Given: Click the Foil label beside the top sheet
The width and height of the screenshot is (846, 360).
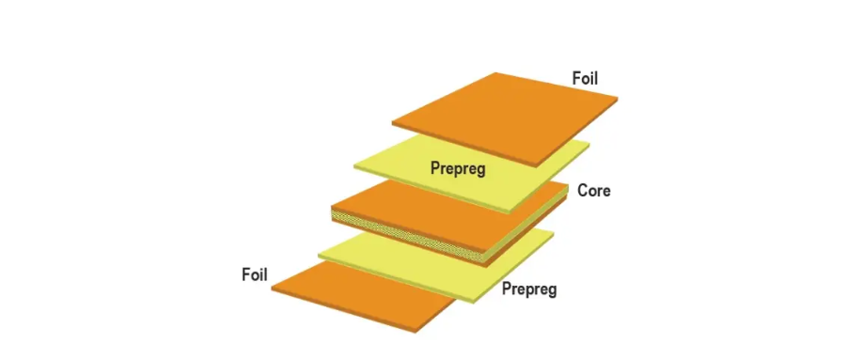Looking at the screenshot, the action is point(585,79).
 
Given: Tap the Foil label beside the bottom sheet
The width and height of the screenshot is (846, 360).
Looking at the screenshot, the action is point(255,274).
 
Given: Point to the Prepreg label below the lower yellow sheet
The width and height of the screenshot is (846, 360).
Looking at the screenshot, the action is point(529,289).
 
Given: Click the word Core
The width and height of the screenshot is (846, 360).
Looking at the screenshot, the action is point(594,191).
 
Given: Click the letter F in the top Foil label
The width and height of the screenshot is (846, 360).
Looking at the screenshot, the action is point(576,79).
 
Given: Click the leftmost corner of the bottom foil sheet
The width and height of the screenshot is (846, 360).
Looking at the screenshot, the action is point(273,288).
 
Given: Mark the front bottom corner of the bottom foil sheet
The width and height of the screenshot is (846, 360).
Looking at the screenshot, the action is point(415,330).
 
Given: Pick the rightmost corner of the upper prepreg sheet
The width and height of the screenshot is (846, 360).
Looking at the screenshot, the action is point(590,143).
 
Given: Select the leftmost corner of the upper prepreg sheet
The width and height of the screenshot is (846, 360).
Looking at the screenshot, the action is point(354,166).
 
